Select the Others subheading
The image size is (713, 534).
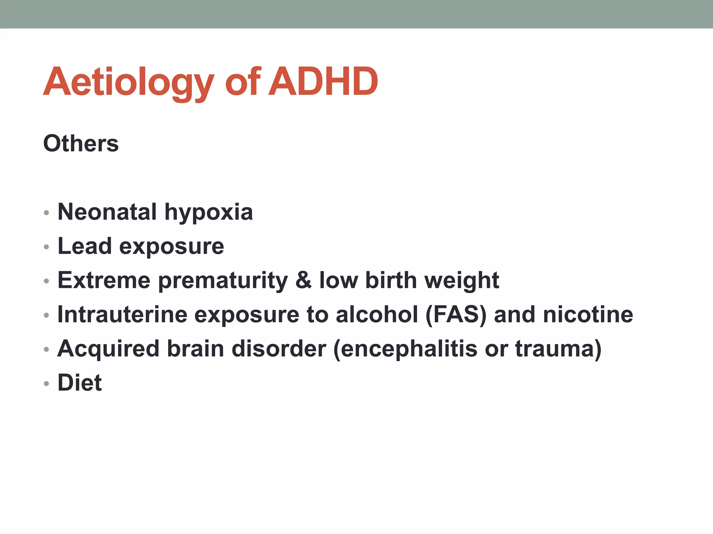(x=81, y=143)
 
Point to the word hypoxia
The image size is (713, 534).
(x=209, y=212)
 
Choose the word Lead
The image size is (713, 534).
(x=85, y=246)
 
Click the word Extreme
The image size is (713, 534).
(x=104, y=280)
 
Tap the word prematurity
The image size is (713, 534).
(x=223, y=281)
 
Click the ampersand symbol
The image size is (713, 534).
(x=304, y=280)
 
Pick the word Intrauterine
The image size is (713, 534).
(x=122, y=314)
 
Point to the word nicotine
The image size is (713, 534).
(x=588, y=314)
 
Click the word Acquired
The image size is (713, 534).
(x=108, y=349)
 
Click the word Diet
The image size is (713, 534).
(x=80, y=383)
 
